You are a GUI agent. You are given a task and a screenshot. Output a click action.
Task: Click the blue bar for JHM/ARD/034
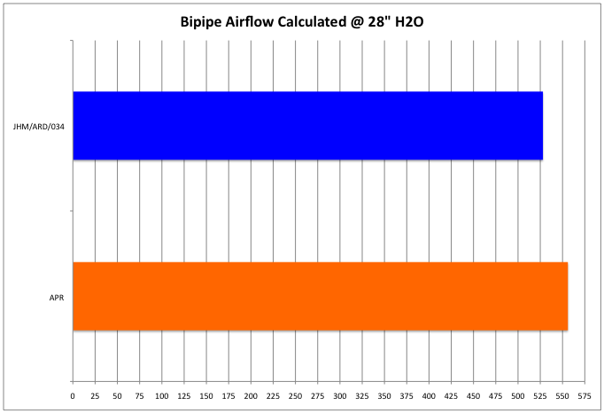(307, 126)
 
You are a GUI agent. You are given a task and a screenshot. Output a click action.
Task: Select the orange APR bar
(320, 296)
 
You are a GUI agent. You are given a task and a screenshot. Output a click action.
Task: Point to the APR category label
(58, 296)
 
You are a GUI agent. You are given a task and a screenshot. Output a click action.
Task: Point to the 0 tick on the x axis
(73, 395)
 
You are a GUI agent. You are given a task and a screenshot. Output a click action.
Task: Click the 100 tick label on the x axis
(162, 395)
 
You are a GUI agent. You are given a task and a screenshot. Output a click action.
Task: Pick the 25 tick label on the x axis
(95, 395)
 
